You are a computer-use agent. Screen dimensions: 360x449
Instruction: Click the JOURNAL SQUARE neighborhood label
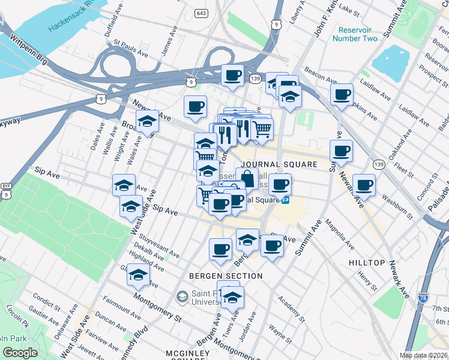pos(279,164)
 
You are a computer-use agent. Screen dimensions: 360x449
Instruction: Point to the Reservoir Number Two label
pos(358,34)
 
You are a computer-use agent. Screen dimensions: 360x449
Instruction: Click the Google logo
pos(20,353)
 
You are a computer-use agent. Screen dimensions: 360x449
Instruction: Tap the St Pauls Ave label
pos(130,49)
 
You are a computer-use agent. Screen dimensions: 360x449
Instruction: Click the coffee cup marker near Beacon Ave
pos(342,94)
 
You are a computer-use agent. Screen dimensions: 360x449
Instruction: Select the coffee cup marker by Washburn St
pos(364,185)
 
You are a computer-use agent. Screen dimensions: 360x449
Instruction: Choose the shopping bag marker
pos(247,178)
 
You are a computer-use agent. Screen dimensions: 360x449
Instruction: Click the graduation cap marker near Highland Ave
pos(138,275)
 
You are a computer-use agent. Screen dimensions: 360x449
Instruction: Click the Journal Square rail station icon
pos(286,200)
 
